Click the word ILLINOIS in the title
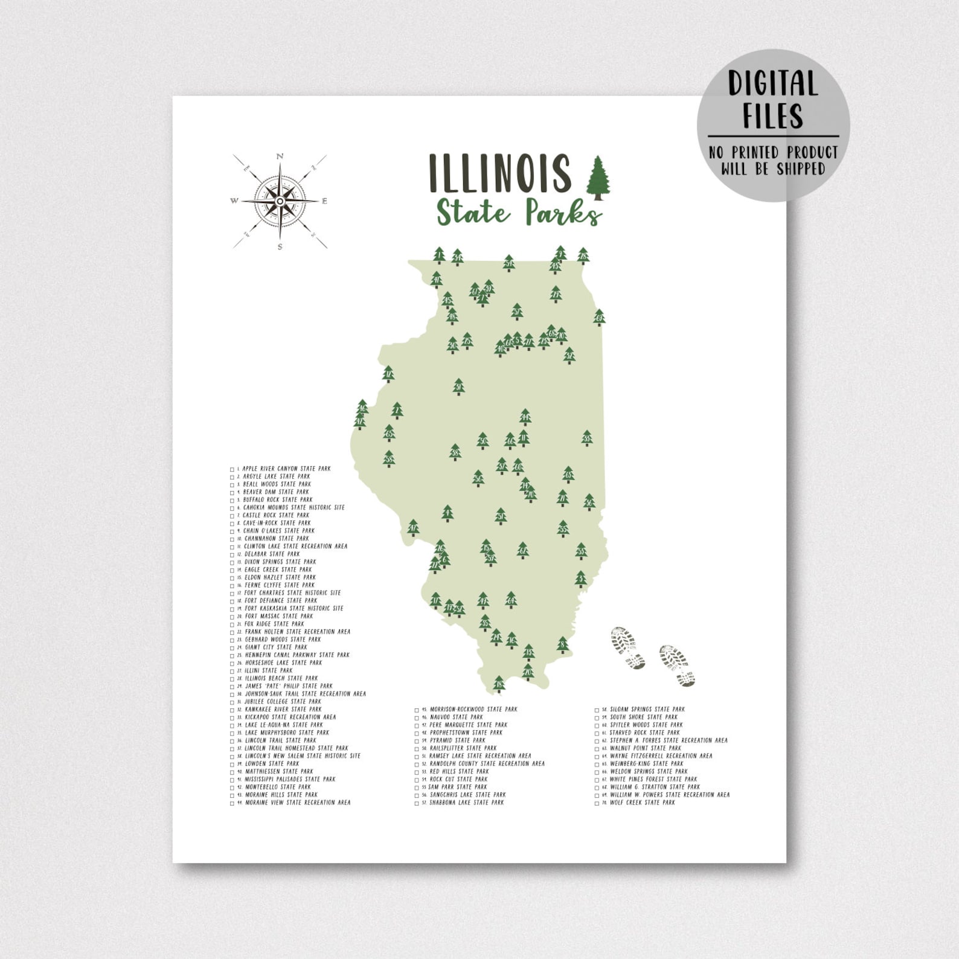point(499,172)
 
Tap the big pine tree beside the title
point(598,178)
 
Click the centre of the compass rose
point(280,201)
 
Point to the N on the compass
point(280,156)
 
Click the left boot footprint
point(628,648)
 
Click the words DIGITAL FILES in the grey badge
point(773,100)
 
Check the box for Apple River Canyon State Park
point(232,469)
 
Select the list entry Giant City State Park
point(275,647)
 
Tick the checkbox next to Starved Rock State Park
point(597,733)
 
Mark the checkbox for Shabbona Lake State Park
point(416,803)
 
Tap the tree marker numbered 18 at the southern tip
point(499,684)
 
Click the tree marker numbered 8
point(563,645)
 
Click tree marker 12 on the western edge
point(388,374)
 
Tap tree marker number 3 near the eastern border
point(580,579)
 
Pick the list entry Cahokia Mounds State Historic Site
point(293,507)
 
